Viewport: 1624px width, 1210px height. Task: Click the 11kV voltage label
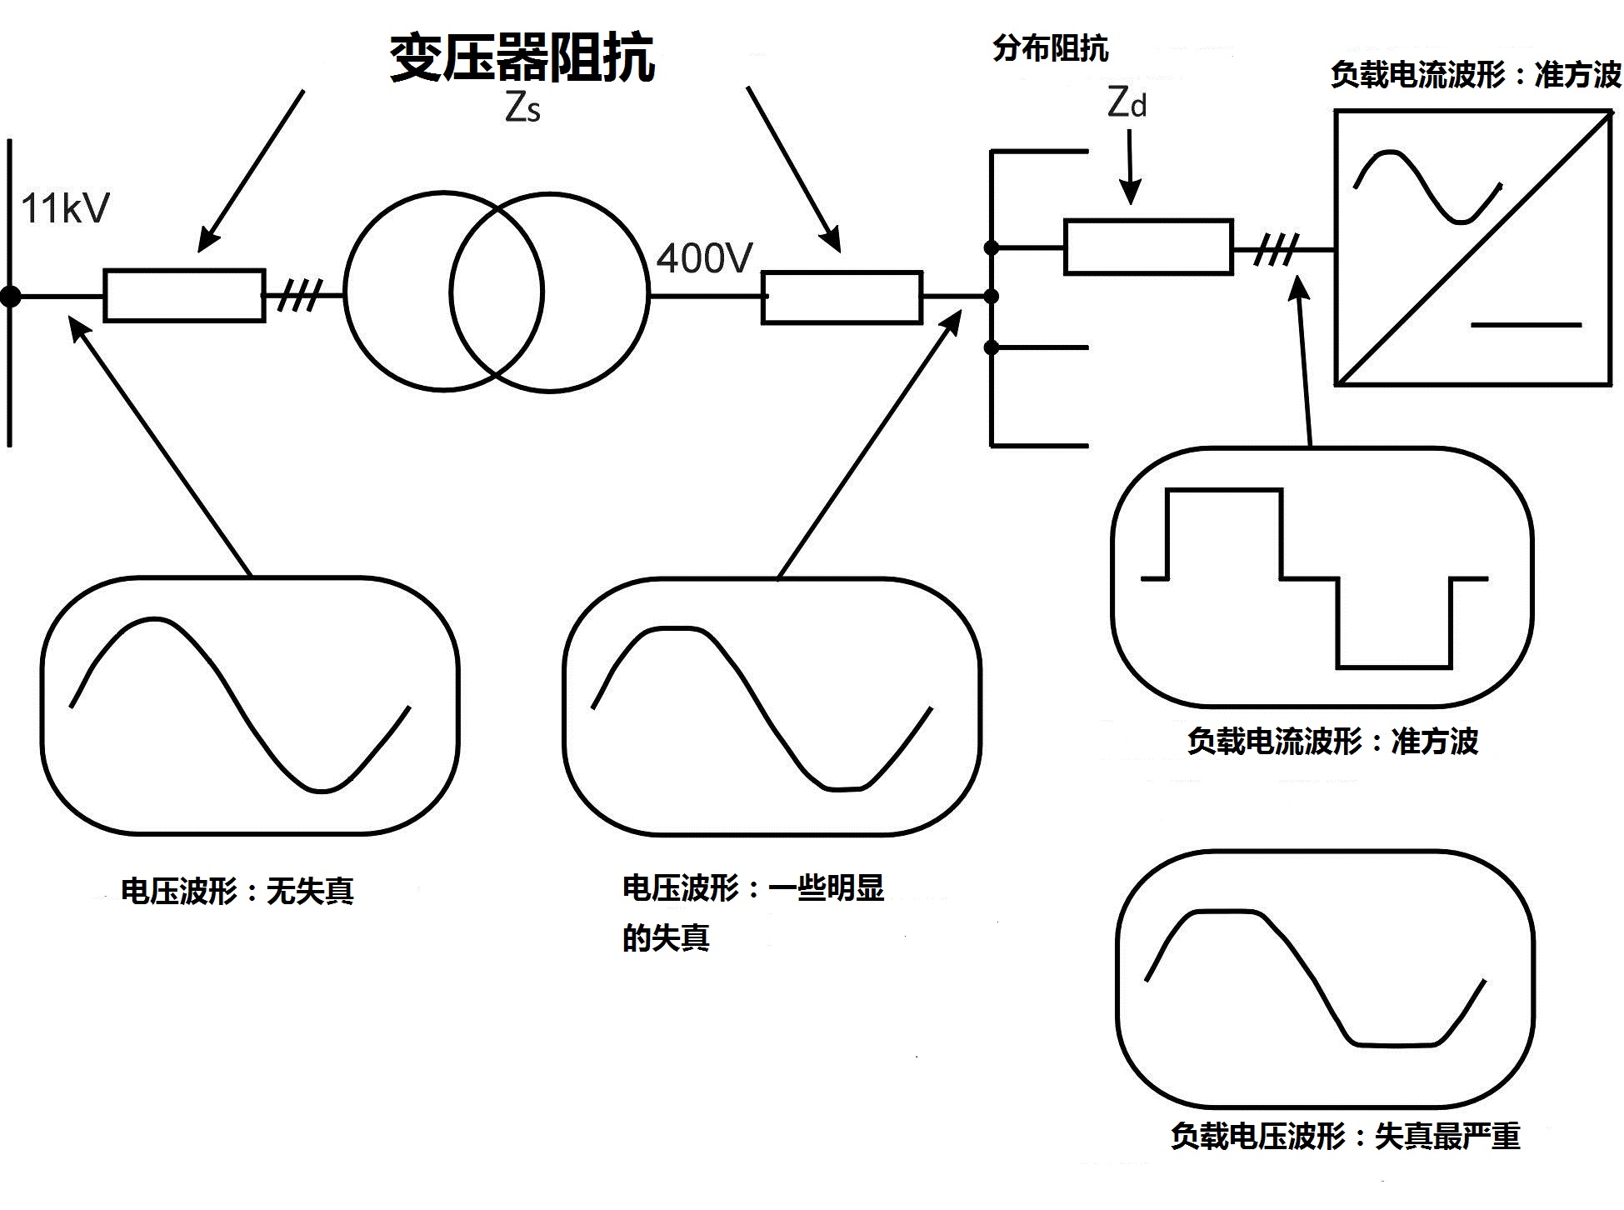click(x=65, y=208)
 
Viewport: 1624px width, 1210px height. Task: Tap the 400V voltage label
click(x=705, y=258)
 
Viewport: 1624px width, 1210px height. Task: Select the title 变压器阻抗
click(x=522, y=58)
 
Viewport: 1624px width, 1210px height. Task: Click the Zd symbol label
click(x=1127, y=102)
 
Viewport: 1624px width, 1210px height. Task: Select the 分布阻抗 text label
click(x=1050, y=48)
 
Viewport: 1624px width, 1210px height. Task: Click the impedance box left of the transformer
click(x=184, y=295)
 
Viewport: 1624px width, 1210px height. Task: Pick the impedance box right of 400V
click(x=842, y=297)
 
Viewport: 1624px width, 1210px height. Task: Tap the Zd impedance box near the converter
click(x=1148, y=247)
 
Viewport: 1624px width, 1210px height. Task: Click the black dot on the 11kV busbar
click(x=10, y=296)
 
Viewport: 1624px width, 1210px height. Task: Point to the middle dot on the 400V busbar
click(x=991, y=296)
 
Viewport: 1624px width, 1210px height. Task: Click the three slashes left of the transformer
click(x=299, y=295)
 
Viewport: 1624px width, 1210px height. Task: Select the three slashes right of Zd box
click(x=1277, y=248)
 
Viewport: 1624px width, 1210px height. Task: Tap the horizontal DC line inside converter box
click(x=1526, y=324)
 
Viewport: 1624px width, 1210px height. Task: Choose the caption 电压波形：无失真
click(x=237, y=892)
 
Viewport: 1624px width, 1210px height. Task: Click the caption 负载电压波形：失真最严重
click(x=1345, y=1137)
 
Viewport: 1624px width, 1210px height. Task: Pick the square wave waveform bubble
click(x=1322, y=577)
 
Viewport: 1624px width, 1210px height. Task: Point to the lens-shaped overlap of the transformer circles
click(x=497, y=292)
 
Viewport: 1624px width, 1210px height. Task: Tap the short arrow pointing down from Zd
click(x=1130, y=167)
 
